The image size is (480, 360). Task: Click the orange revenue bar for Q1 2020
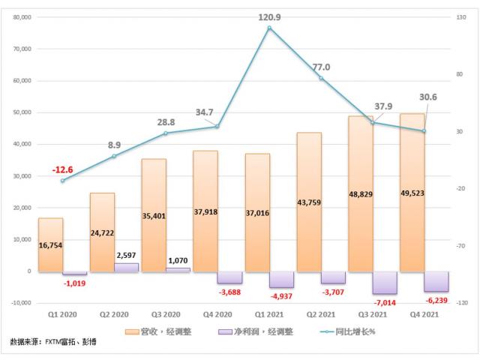pos(50,244)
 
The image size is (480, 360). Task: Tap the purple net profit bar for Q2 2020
pos(126,267)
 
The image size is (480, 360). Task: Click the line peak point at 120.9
pos(268,28)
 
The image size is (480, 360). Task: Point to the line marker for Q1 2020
pos(62,181)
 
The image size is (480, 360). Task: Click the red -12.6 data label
pos(62,169)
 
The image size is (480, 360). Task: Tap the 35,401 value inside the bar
pos(154,214)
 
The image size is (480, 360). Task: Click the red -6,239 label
pos(435,298)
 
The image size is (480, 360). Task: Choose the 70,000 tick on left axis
pos(23,49)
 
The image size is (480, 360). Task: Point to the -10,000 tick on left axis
pos(22,303)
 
